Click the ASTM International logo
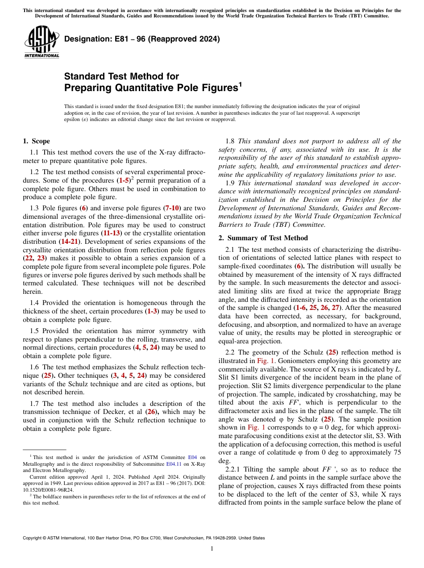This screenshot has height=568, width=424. pos(42,42)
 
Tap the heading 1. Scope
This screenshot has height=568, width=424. pos(36,142)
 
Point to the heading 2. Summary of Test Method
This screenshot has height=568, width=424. pos(263,238)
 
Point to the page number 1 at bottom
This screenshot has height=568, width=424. pos(212,549)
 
